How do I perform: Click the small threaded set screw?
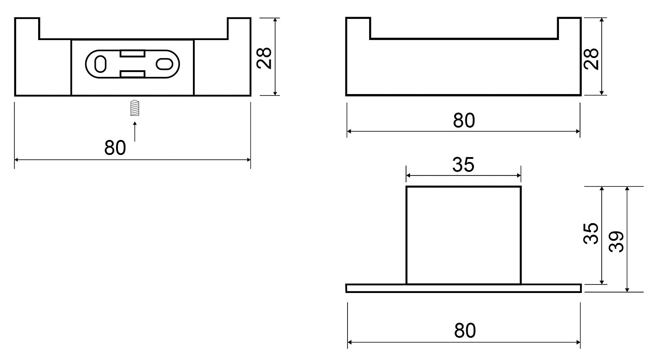[134, 108]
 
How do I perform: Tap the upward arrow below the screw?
[134, 132]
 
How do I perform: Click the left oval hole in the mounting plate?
[100, 64]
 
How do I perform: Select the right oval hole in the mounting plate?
[165, 64]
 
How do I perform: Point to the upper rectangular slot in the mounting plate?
[133, 54]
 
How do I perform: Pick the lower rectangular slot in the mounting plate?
[133, 74]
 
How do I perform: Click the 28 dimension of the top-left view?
[264, 58]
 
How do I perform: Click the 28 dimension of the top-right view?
[591, 59]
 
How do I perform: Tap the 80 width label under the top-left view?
[115, 148]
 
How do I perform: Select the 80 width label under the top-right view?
[464, 120]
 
